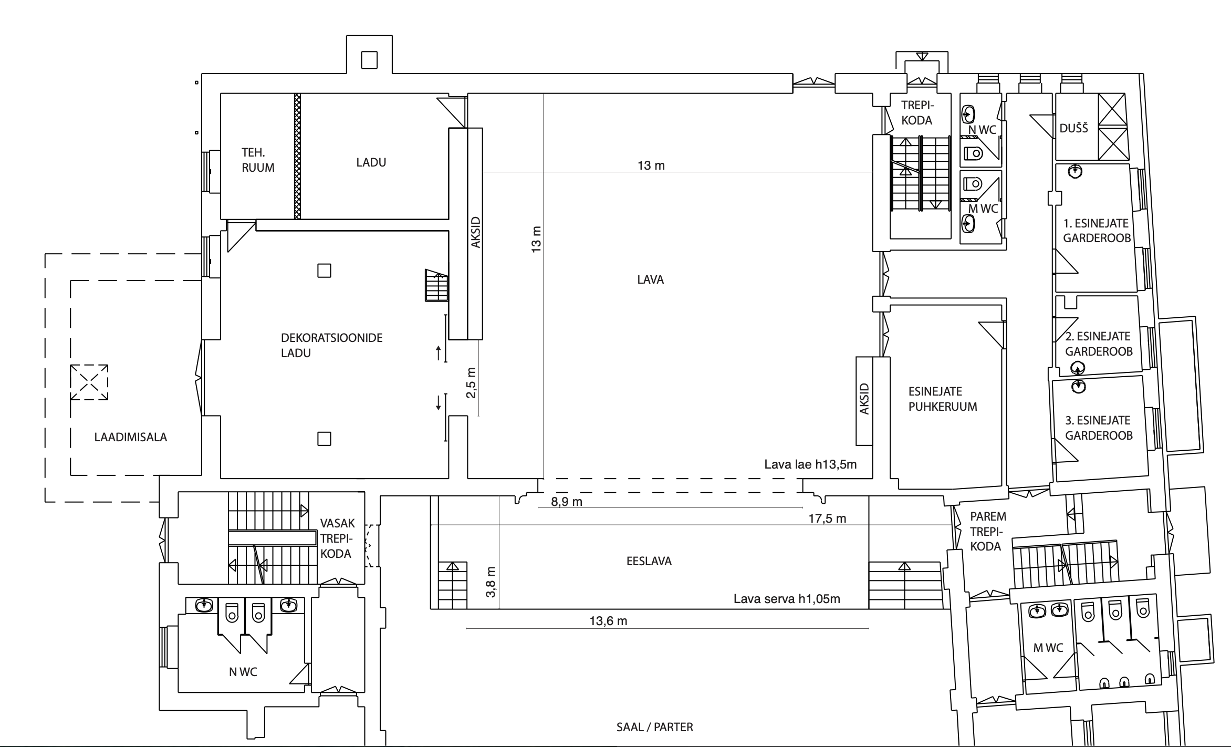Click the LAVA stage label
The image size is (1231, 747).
point(650,279)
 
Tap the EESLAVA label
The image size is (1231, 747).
point(649,561)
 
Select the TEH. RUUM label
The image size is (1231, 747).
point(258,160)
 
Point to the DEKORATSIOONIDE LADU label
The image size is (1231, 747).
point(331,345)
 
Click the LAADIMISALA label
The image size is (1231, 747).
point(131,437)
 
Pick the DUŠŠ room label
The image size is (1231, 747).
point(1074,128)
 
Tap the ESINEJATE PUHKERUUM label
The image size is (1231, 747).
point(943,399)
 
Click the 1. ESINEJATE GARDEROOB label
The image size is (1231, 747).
point(1097,231)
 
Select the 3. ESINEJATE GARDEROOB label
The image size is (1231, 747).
point(1099,428)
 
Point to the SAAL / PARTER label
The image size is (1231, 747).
point(654,727)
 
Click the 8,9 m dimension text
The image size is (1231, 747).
point(567,502)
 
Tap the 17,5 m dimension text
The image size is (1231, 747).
point(827,518)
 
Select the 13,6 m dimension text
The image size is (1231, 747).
point(608,621)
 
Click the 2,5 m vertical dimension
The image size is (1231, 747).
point(471,382)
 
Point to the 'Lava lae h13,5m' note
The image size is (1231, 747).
point(810,464)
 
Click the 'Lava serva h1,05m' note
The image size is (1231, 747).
point(787,599)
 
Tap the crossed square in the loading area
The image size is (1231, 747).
point(89,382)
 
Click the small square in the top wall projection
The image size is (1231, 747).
point(369,60)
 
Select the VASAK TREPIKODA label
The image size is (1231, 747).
point(337,538)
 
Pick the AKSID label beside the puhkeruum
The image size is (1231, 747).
point(864,399)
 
